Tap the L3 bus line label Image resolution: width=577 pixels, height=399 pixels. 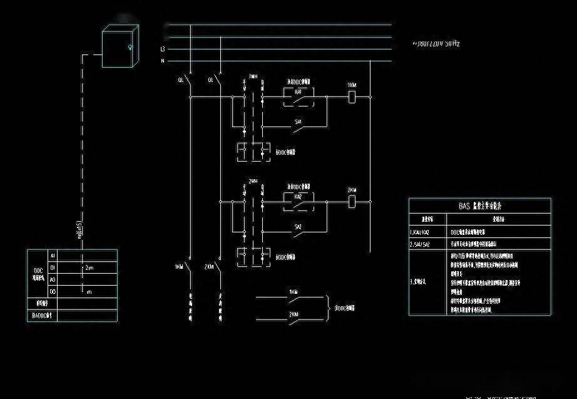163,48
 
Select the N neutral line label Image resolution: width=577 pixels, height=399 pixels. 163,61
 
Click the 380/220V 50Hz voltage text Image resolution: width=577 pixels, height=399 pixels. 436,44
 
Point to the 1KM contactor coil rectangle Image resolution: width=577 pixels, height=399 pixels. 352,96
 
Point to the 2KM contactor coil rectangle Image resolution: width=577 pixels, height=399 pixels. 352,201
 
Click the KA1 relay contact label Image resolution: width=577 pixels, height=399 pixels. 299,91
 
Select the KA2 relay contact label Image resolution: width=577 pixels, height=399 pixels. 299,196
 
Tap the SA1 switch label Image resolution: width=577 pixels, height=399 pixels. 299,122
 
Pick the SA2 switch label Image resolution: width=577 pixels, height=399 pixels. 299,227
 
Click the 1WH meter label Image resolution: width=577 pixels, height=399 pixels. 253,76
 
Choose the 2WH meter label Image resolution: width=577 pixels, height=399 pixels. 253,181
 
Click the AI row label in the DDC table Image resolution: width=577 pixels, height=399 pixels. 53,256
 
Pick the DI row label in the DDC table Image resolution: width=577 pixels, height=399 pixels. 53,267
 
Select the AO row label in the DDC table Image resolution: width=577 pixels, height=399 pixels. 53,279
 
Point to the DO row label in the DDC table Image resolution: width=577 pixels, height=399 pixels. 53,291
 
